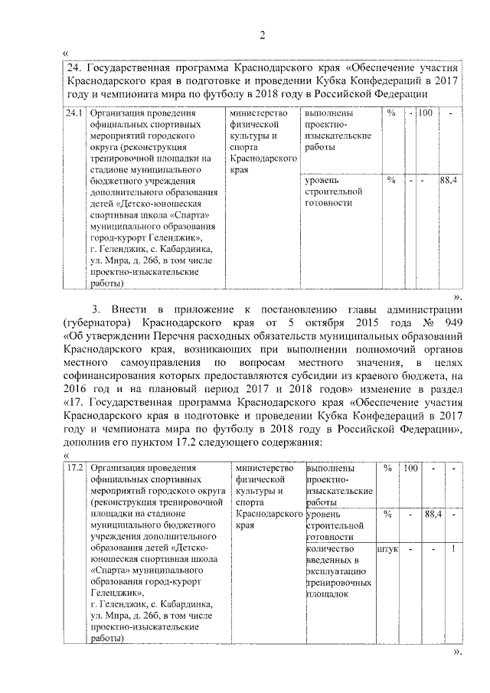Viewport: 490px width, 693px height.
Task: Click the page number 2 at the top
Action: [x=262, y=34]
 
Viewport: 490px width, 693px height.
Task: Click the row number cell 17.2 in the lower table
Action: [x=74, y=468]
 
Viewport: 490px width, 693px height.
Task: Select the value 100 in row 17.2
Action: [x=410, y=468]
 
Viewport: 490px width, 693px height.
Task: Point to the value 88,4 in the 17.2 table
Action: [x=434, y=514]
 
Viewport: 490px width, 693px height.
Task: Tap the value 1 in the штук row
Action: [x=454, y=549]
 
